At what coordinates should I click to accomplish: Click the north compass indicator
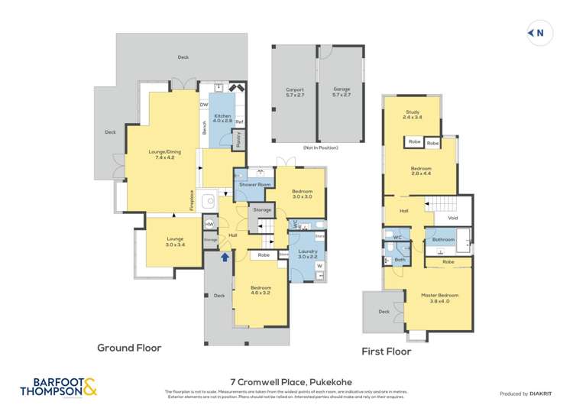click(537, 32)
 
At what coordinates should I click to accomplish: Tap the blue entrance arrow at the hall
click(225, 257)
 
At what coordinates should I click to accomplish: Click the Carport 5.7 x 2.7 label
click(294, 92)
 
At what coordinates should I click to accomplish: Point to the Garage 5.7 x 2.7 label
click(341, 92)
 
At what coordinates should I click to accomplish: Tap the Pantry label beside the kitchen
click(238, 138)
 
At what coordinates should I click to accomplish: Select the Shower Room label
click(254, 185)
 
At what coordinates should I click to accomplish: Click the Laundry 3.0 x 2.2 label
click(308, 254)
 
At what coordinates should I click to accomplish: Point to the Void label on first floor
click(452, 218)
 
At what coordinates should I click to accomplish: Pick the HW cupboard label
click(209, 224)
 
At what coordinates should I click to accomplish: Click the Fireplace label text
click(192, 200)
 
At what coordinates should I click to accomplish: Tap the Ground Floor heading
click(129, 347)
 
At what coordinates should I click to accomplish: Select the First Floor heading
click(386, 352)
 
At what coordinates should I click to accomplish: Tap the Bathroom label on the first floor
click(444, 239)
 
